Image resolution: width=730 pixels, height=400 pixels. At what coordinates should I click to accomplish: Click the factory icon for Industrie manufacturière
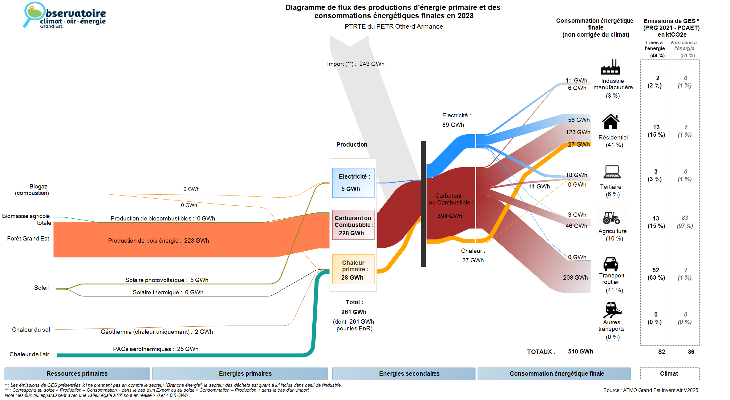click(610, 67)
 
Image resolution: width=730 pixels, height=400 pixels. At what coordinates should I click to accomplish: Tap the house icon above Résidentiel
click(611, 122)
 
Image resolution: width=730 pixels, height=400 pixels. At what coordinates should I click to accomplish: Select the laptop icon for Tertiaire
click(612, 172)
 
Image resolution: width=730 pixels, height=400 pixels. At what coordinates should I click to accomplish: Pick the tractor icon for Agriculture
click(611, 217)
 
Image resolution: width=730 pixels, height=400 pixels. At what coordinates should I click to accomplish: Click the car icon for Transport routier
click(611, 264)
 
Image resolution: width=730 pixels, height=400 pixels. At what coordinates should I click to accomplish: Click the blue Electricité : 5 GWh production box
click(353, 183)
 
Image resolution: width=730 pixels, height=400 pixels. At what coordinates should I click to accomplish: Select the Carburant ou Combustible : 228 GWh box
click(353, 225)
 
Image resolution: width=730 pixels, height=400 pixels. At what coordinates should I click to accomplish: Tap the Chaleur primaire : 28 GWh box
click(353, 269)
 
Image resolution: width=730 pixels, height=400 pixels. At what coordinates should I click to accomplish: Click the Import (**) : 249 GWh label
click(356, 64)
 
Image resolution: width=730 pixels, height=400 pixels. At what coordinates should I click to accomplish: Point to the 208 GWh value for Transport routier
click(575, 277)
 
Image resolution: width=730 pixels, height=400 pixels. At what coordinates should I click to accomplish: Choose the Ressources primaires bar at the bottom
click(77, 374)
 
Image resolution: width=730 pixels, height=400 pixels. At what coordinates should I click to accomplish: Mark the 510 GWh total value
click(581, 352)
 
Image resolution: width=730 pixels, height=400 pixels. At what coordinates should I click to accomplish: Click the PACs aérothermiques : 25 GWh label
click(156, 349)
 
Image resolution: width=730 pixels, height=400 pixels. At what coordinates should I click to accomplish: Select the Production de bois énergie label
click(143, 240)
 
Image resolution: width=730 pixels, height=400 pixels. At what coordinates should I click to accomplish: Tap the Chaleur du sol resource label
click(31, 329)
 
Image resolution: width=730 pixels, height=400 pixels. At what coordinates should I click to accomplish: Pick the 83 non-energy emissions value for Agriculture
click(685, 218)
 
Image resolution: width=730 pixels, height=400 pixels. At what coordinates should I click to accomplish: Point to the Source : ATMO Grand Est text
click(651, 390)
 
